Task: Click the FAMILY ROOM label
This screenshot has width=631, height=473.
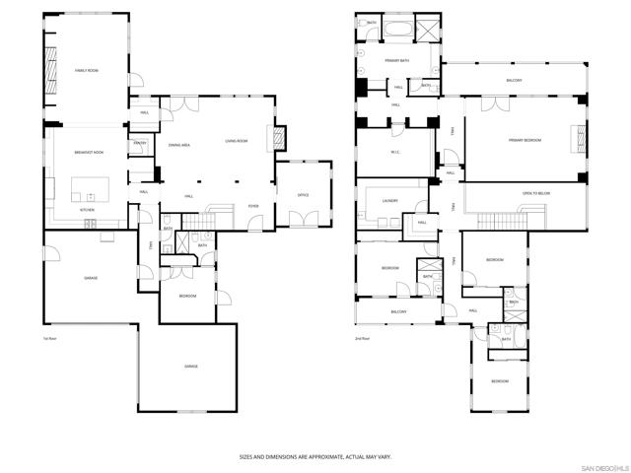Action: (86, 71)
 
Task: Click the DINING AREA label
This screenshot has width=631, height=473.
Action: (179, 145)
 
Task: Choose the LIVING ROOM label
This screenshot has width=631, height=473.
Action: (236, 141)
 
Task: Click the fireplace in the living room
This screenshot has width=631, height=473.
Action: (279, 138)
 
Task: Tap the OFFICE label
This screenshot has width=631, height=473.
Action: (304, 195)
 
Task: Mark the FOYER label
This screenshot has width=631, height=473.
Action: (253, 206)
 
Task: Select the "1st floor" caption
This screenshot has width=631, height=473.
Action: (48, 339)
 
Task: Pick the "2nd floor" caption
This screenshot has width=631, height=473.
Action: (364, 338)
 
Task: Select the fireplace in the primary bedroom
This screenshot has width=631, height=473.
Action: (575, 138)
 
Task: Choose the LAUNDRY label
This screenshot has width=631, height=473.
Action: (389, 205)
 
